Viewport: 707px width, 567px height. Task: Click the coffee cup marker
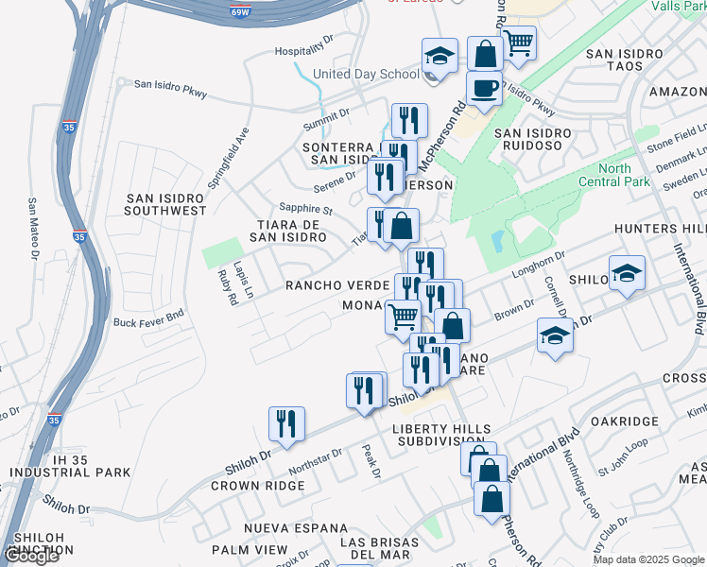tap(484, 88)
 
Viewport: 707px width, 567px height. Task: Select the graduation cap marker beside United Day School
tap(440, 56)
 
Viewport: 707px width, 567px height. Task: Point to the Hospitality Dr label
tap(304, 51)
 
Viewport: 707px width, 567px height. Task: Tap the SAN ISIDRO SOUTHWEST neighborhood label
tap(166, 203)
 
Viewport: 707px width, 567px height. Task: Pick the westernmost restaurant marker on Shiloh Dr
tap(286, 424)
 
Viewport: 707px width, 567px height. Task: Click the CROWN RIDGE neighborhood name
tap(257, 486)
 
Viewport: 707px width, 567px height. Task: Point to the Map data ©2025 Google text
tap(647, 559)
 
